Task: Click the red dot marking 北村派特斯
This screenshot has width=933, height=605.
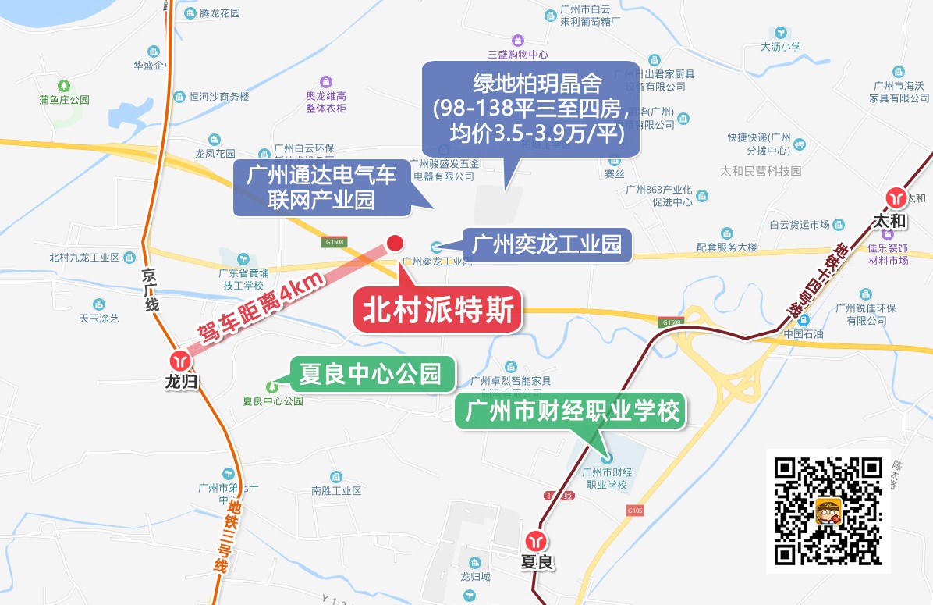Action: click(396, 244)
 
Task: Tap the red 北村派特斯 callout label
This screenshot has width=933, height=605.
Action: click(438, 311)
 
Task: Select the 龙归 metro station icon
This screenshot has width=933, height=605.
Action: click(181, 361)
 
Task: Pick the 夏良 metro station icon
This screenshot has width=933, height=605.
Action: click(536, 540)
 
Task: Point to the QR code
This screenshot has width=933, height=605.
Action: click(828, 511)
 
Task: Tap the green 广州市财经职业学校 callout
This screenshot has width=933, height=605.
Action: click(571, 411)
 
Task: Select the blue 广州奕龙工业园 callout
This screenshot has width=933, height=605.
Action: click(547, 245)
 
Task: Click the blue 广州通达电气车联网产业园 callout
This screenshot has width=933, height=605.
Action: click(322, 187)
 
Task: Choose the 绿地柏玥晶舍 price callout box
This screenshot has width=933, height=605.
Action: click(530, 109)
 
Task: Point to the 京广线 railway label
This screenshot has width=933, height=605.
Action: click(151, 290)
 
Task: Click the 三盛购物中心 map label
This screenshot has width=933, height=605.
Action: click(518, 55)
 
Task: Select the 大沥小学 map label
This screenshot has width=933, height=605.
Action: click(781, 47)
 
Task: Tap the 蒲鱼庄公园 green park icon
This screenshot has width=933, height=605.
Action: click(65, 85)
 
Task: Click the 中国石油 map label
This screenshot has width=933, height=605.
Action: click(804, 334)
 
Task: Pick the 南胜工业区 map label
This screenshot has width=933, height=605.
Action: click(336, 491)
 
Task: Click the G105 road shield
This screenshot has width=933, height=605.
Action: click(633, 510)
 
